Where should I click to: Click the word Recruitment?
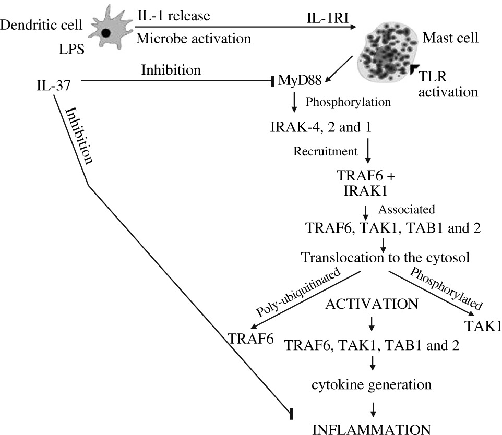tap(325, 152)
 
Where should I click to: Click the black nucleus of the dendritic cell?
tap(105, 33)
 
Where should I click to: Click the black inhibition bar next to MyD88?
tap(272, 82)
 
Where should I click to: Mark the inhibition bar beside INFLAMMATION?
tap(291, 414)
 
